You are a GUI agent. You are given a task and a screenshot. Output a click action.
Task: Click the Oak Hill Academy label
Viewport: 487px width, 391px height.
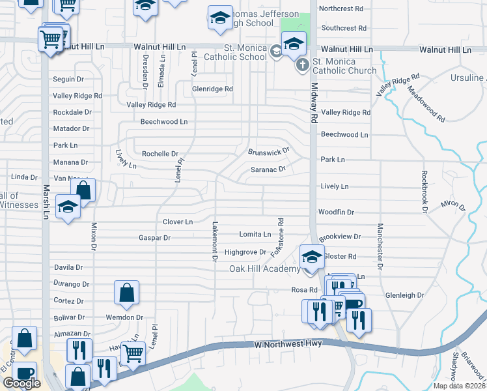click(x=264, y=268)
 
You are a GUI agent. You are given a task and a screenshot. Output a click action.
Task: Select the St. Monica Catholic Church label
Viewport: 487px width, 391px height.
click(x=344, y=66)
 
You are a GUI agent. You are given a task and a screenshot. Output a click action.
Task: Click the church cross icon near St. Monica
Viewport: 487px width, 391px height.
click(x=302, y=65)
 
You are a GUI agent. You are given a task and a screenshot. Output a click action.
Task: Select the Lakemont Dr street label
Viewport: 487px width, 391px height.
click(x=214, y=240)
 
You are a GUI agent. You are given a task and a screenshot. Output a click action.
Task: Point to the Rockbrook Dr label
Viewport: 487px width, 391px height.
click(x=423, y=192)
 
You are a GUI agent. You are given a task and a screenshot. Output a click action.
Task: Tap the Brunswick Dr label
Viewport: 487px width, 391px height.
click(x=268, y=151)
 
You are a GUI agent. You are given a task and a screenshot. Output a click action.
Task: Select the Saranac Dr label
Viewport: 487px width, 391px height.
click(x=268, y=169)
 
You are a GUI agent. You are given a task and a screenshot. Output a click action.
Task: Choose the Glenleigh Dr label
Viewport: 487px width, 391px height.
click(x=404, y=295)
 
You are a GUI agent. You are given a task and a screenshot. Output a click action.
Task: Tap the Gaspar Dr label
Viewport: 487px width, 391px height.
click(x=154, y=238)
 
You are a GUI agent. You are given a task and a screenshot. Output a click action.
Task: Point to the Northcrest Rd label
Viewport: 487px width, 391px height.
click(x=341, y=8)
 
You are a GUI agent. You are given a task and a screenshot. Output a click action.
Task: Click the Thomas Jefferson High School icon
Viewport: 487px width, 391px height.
click(x=220, y=18)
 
